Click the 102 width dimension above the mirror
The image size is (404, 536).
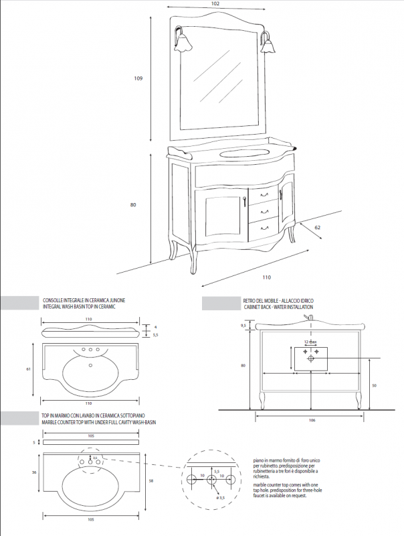pyautogui.click(x=215, y=4)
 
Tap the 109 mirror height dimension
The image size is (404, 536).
pyautogui.click(x=138, y=78)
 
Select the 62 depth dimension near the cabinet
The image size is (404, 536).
pyautogui.click(x=318, y=228)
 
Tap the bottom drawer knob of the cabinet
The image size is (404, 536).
pyautogui.click(x=255, y=227)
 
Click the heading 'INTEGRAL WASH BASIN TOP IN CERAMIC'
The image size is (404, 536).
pyautogui.click(x=79, y=306)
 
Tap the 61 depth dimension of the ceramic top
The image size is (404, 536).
pyautogui.click(x=29, y=369)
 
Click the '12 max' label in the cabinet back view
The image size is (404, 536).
pyautogui.click(x=310, y=341)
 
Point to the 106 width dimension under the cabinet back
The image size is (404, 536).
pyautogui.click(x=311, y=421)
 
